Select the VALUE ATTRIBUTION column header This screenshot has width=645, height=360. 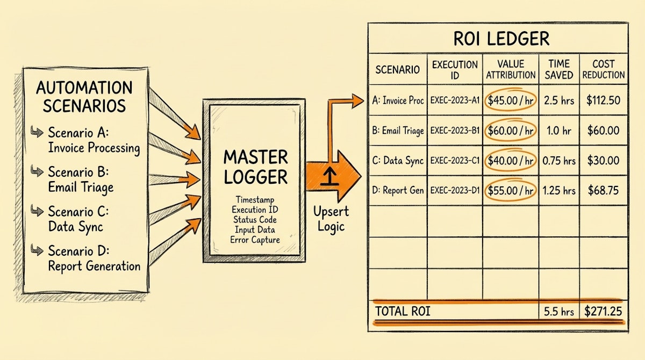click(x=511, y=69)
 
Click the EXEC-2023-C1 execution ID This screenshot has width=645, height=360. click(x=455, y=161)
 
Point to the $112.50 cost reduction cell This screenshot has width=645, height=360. click(x=603, y=99)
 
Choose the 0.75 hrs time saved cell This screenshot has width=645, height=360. click(x=559, y=161)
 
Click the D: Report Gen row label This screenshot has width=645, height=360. click(x=397, y=190)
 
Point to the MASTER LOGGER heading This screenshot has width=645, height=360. click(x=255, y=168)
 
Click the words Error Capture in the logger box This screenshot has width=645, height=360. click(x=255, y=240)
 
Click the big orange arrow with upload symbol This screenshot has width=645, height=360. click(x=333, y=175)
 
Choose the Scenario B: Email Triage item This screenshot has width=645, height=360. click(x=86, y=180)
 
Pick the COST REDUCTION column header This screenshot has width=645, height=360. click(x=603, y=69)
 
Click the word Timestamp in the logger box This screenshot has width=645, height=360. click(x=255, y=199)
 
